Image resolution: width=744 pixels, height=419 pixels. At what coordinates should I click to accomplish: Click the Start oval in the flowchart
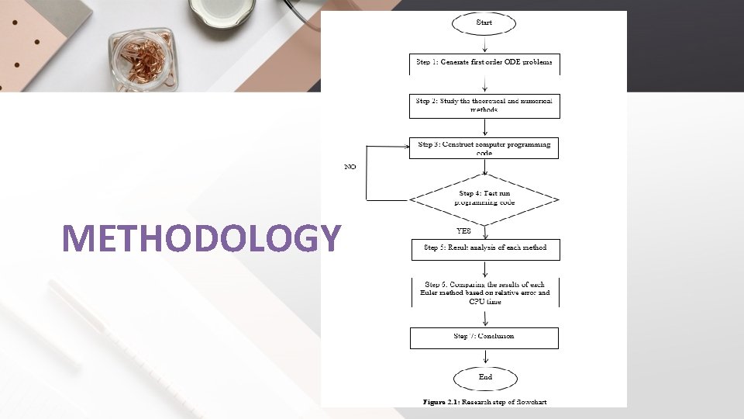tap(484, 23)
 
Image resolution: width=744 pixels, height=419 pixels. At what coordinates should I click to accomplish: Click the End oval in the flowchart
tap(484, 377)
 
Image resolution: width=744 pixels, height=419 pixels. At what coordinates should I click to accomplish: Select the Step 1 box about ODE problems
tap(484, 63)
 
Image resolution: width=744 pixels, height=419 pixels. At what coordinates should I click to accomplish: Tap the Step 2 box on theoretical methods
tap(484, 106)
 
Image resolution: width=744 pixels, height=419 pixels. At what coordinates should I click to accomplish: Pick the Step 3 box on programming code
tap(484, 147)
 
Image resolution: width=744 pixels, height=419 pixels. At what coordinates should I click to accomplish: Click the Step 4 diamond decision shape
tap(484, 199)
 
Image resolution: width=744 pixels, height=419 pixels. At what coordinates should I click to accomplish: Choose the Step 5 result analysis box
tap(484, 248)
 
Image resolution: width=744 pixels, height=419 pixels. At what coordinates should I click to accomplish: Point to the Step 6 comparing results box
tap(484, 293)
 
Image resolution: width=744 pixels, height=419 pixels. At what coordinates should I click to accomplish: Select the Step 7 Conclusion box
tap(484, 338)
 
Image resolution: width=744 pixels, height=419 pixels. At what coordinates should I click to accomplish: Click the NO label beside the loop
tap(350, 168)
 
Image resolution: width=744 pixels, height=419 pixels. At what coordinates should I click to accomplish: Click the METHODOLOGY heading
tap(201, 238)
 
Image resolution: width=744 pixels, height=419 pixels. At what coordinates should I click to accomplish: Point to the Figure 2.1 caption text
tap(484, 402)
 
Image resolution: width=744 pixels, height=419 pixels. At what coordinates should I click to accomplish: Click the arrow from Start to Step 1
tap(484, 43)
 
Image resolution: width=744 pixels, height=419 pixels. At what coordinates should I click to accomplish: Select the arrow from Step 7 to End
tap(484, 357)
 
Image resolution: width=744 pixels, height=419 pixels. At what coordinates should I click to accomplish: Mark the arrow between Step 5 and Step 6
tap(484, 268)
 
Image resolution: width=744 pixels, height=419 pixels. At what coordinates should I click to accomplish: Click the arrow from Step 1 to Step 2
tap(484, 85)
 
